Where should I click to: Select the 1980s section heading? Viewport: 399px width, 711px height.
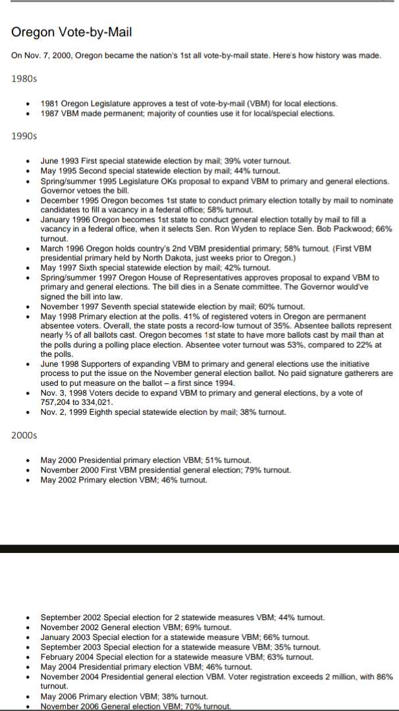24,79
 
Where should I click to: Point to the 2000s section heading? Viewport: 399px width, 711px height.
24,435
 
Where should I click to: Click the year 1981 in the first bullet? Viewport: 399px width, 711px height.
50,103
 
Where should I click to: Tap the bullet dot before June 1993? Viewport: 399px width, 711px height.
27,161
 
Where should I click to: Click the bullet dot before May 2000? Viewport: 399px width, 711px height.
27,460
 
